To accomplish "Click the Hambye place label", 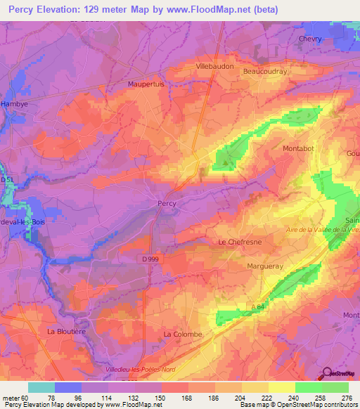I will (x=13, y=100).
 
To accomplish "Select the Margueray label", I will (x=265, y=266).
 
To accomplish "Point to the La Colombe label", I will (x=182, y=335).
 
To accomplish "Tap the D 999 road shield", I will (x=147, y=259).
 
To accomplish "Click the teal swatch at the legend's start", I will (x=41, y=387).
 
